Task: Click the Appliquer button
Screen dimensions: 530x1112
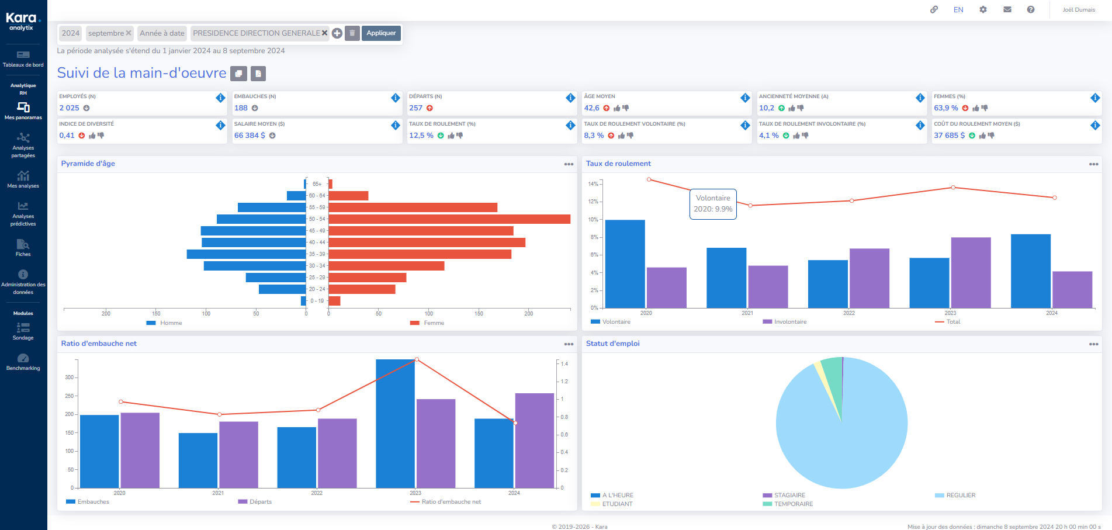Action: pyautogui.click(x=381, y=33)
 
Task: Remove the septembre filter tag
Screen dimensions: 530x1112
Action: pyautogui.click(x=129, y=33)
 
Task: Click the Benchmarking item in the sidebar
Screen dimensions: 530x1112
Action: pyautogui.click(x=23, y=362)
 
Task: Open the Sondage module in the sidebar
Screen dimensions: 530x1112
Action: pyautogui.click(x=23, y=331)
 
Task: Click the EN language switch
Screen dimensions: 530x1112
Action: pyautogui.click(x=958, y=10)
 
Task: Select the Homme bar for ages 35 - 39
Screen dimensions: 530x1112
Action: pyautogui.click(x=246, y=254)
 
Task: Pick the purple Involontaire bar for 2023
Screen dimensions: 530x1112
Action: pyautogui.click(x=971, y=272)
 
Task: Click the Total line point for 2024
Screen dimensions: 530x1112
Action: pyautogui.click(x=1054, y=198)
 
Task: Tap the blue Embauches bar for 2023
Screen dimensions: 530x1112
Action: pyautogui.click(x=395, y=424)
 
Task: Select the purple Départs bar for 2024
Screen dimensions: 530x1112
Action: pyautogui.click(x=534, y=441)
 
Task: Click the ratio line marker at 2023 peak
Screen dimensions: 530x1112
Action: pyautogui.click(x=417, y=359)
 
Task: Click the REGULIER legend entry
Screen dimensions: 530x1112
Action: pyautogui.click(x=960, y=496)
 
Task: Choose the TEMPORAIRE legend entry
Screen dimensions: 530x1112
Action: pyautogui.click(x=793, y=504)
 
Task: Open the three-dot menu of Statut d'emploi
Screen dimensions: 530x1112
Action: pyautogui.click(x=1093, y=344)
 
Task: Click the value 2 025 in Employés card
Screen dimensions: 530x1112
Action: pyautogui.click(x=69, y=108)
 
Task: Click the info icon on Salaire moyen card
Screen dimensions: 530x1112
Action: pyautogui.click(x=396, y=125)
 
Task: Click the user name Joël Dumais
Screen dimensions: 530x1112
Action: pyautogui.click(x=1079, y=10)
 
